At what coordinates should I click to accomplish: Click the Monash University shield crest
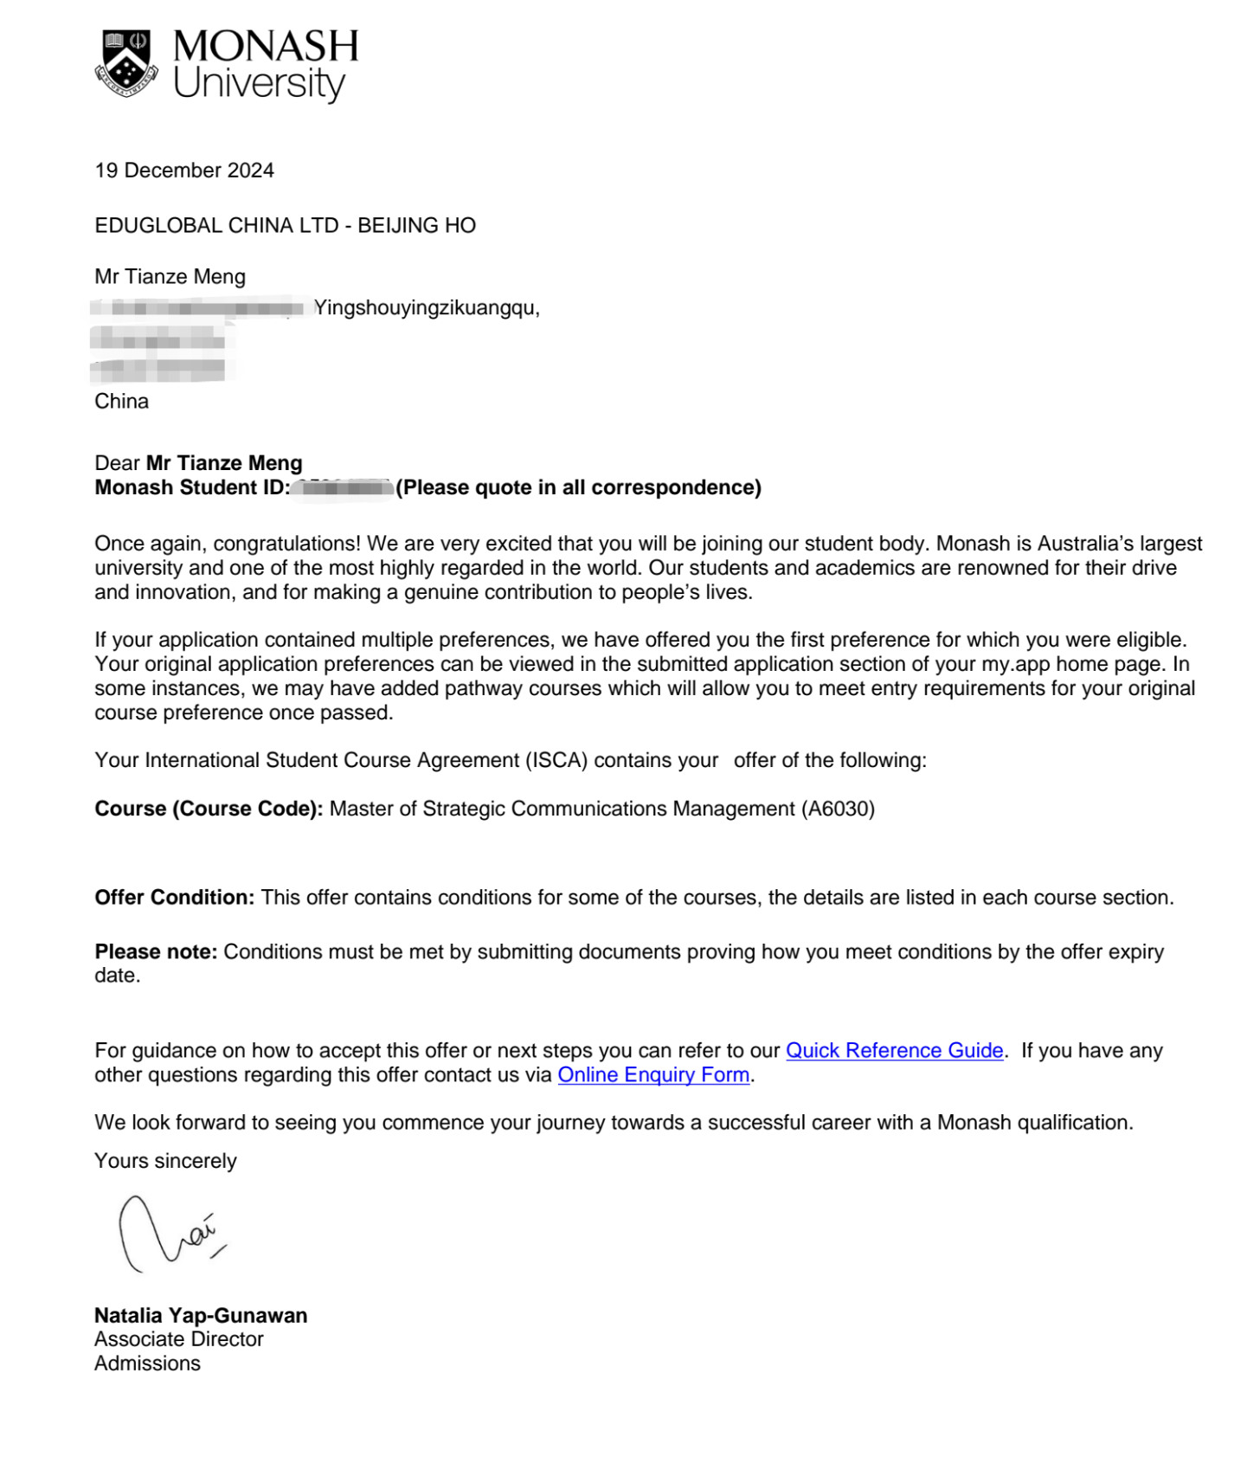click(x=126, y=63)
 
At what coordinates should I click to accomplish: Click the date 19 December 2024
click(x=184, y=171)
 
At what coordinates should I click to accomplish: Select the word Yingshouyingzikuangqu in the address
click(x=426, y=308)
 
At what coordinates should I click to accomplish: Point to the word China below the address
click(x=122, y=402)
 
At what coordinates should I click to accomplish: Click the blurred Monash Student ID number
click(x=343, y=488)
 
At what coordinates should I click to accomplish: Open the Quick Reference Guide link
click(x=894, y=1051)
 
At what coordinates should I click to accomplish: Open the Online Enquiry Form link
click(x=653, y=1075)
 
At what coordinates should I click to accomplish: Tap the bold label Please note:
click(x=156, y=952)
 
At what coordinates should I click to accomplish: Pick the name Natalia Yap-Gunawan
click(x=201, y=1316)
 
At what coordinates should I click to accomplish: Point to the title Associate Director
click(x=179, y=1339)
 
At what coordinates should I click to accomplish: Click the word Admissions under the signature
click(x=148, y=1364)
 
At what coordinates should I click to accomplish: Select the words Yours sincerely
click(x=165, y=1162)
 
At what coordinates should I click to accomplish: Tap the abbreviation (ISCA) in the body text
click(x=556, y=761)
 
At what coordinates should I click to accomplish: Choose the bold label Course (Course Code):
click(x=209, y=809)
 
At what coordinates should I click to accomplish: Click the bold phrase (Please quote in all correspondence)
click(x=579, y=488)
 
